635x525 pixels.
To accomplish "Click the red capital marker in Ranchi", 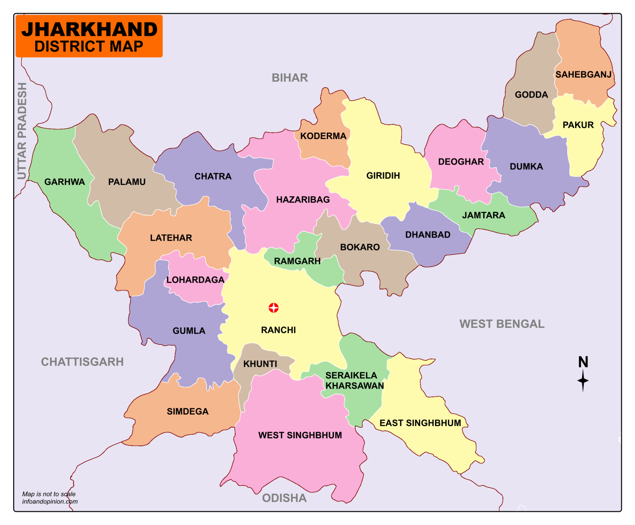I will coord(273,308).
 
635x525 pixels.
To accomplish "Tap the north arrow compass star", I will coord(583,381).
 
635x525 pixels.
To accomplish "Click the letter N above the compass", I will coord(583,362).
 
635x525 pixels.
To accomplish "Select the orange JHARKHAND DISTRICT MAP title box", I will coord(89,37).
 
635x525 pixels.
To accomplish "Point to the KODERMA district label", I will coord(323,136).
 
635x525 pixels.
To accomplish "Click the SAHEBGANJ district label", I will coord(583,74).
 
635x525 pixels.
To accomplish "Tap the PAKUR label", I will coord(578,125).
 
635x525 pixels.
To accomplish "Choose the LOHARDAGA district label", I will coord(195,280).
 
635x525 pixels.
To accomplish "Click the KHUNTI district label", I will coord(260,364).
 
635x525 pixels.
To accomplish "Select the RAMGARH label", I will coord(297,261).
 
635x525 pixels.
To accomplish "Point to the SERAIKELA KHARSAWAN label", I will coord(354,381).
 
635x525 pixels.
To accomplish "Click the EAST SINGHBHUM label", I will coord(420,423).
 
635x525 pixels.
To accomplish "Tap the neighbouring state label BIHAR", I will coord(290,78).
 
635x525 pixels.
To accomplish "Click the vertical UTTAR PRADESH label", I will coord(22,131).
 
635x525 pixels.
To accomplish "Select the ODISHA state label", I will coord(284,498).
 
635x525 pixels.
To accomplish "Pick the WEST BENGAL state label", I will coord(502,324).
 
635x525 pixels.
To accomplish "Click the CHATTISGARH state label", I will coord(82,362).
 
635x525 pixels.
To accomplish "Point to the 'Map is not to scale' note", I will coord(49,494).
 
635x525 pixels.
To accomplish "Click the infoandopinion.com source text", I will coord(50,501).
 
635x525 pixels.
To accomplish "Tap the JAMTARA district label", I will coord(484,215).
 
